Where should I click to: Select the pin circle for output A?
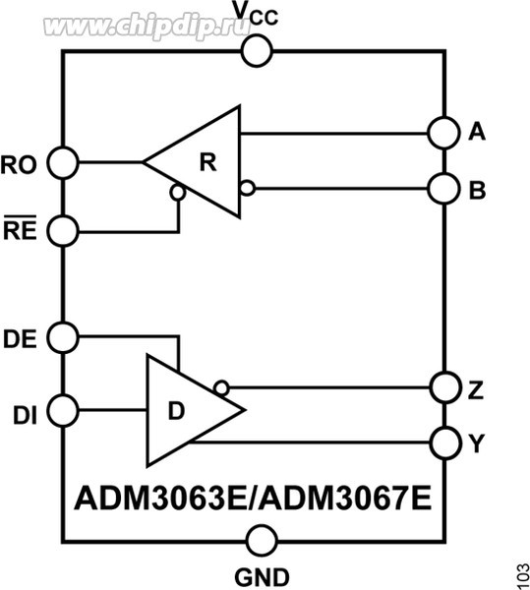click(444, 132)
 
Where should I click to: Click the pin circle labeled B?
click(444, 186)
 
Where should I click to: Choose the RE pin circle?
click(63, 232)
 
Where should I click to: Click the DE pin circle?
click(63, 336)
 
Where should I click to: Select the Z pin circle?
click(444, 386)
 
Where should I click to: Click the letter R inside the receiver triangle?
click(206, 162)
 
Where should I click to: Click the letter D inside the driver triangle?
click(176, 410)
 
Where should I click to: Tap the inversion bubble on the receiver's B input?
click(247, 187)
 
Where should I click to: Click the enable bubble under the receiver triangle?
click(178, 193)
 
